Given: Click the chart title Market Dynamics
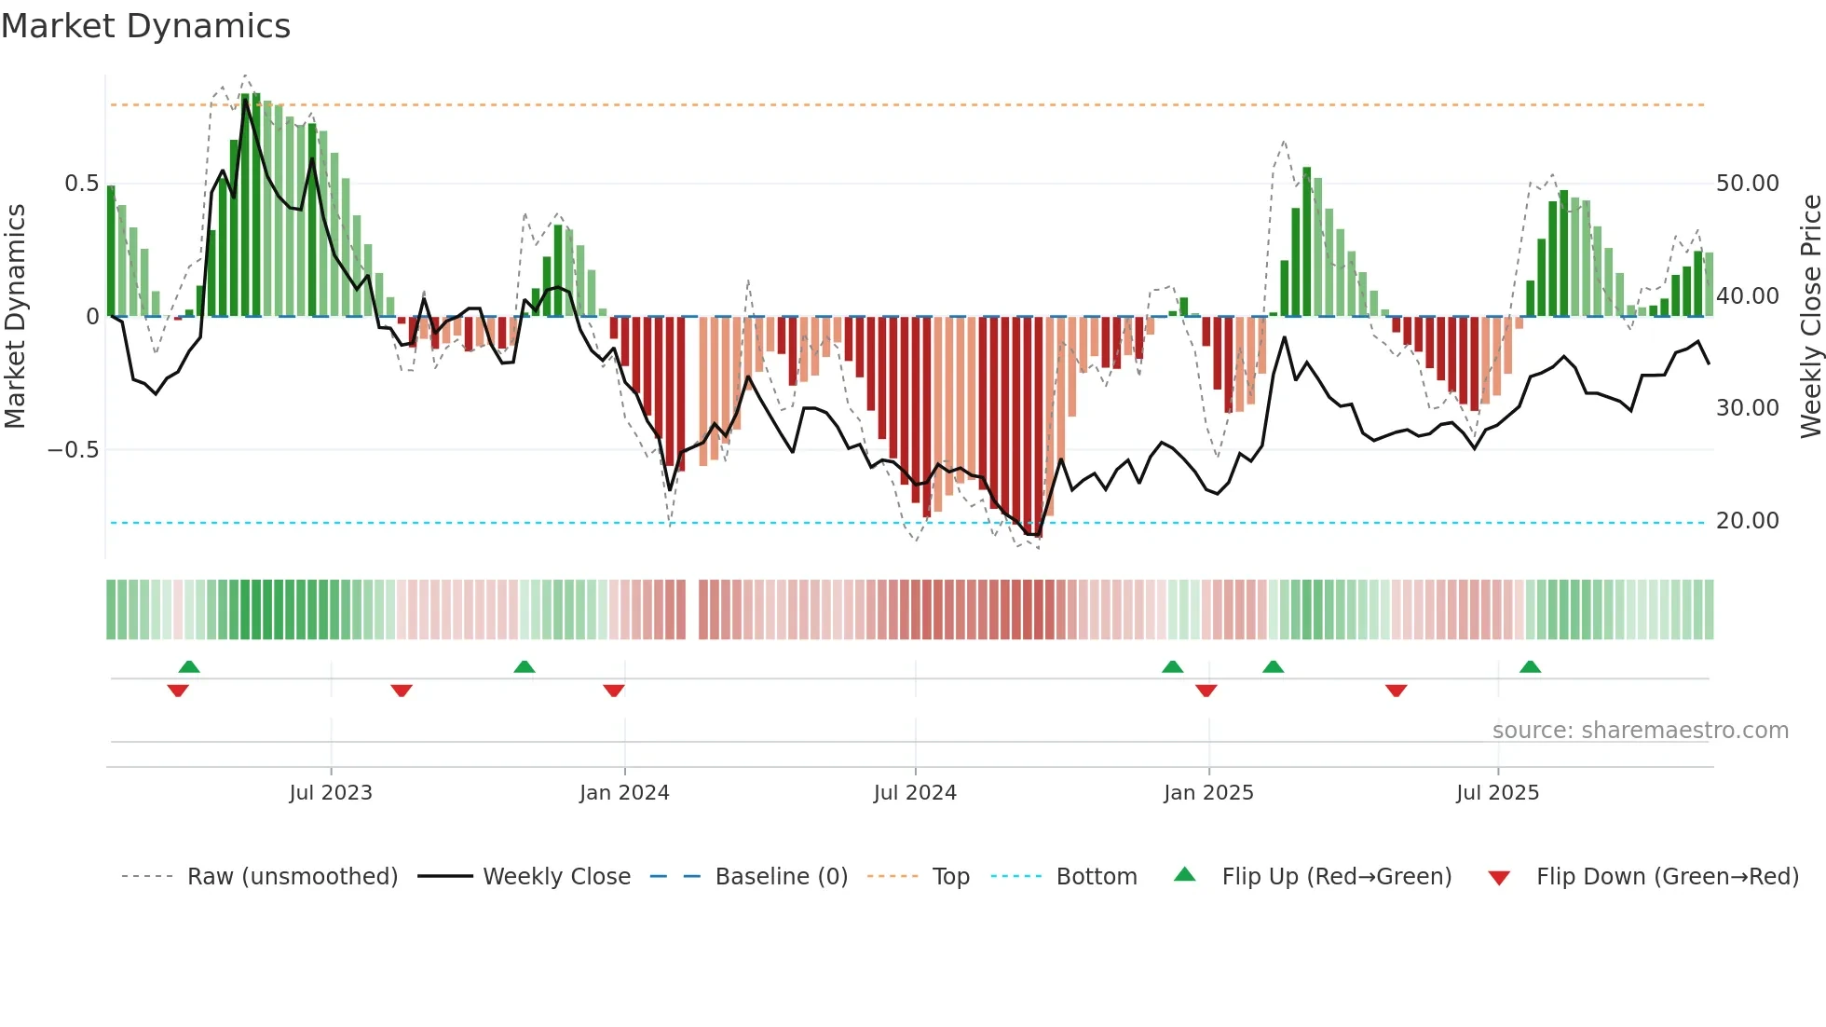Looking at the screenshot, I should (x=145, y=26).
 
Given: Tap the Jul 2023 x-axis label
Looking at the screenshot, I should (x=331, y=793).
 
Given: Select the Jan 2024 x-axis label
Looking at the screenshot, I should (x=624, y=793).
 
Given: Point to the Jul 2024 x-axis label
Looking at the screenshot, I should (x=915, y=793).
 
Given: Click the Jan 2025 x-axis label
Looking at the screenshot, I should (x=1208, y=793).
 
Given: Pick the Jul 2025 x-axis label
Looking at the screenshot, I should (x=1497, y=793).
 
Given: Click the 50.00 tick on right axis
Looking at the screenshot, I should (x=1747, y=184).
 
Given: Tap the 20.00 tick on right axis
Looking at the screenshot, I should (x=1747, y=521).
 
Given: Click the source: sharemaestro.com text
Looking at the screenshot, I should (x=1640, y=731).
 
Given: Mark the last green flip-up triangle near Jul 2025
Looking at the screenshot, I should (x=1530, y=666).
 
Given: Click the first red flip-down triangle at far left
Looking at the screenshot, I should (x=178, y=691).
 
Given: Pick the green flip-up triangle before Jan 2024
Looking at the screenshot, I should (x=525, y=666).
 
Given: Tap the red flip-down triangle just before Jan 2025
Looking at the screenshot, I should (x=1206, y=691).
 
